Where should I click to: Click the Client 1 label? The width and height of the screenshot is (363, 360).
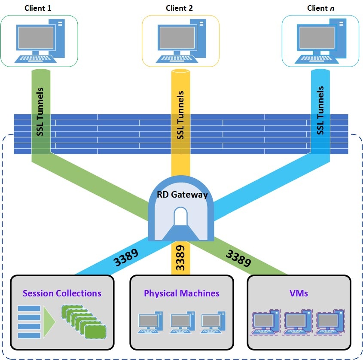pos(39,8)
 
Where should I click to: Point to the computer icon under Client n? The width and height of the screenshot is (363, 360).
pos(321,41)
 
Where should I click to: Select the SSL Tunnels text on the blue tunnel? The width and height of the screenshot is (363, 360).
pos(320,111)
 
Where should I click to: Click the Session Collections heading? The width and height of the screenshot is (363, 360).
pos(62,293)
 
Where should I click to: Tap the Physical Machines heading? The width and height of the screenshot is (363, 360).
pos(182,293)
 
